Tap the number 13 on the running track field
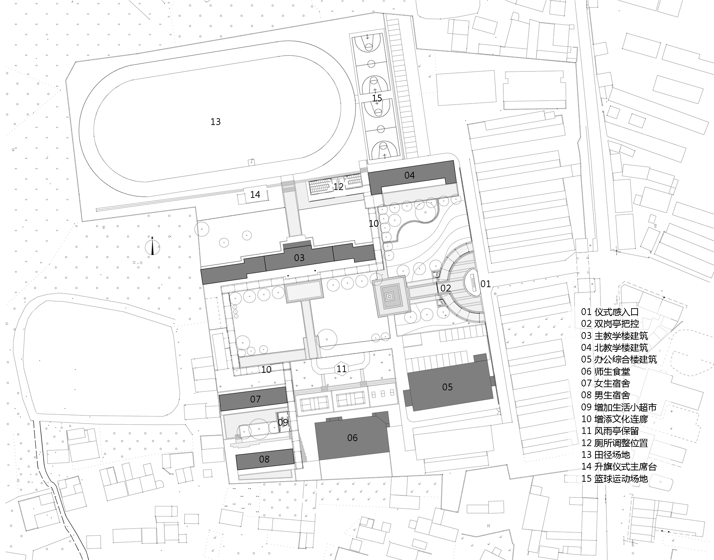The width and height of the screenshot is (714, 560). (x=216, y=122)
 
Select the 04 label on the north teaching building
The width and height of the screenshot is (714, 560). (x=409, y=175)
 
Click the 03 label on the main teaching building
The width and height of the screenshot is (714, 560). (x=299, y=257)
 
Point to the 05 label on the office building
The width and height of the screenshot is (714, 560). (x=447, y=387)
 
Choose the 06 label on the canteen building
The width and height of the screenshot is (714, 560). (x=352, y=438)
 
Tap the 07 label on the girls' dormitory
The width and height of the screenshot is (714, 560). (x=256, y=399)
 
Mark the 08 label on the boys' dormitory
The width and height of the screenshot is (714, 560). (x=264, y=459)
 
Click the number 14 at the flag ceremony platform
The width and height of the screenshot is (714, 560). (x=255, y=195)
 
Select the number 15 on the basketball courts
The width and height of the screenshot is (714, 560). (x=377, y=98)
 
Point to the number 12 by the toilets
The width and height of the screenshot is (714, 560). (x=338, y=186)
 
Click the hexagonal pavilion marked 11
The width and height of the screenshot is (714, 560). (x=342, y=369)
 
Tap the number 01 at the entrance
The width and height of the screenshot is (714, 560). (x=486, y=284)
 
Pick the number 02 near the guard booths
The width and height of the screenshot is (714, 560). (x=446, y=288)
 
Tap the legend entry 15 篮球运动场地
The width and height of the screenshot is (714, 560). (x=615, y=479)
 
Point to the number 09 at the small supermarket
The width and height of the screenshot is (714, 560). (x=283, y=422)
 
